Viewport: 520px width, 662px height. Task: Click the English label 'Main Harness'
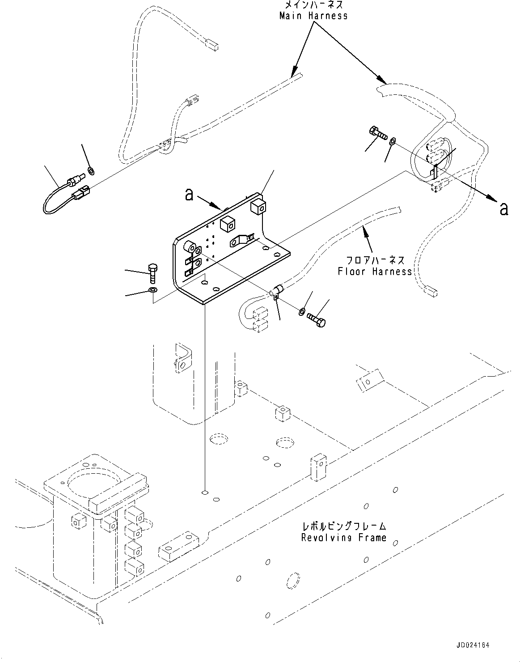(313, 16)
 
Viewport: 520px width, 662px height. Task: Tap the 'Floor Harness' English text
(374, 271)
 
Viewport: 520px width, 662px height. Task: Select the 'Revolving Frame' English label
(343, 538)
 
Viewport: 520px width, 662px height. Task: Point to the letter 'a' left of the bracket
(190, 195)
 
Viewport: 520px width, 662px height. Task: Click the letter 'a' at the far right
(503, 208)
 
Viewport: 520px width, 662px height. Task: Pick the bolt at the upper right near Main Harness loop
(378, 133)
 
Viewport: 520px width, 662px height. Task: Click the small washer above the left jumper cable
(91, 170)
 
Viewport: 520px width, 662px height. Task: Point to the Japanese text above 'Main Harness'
(313, 5)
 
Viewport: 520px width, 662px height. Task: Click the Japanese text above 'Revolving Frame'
(343, 527)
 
